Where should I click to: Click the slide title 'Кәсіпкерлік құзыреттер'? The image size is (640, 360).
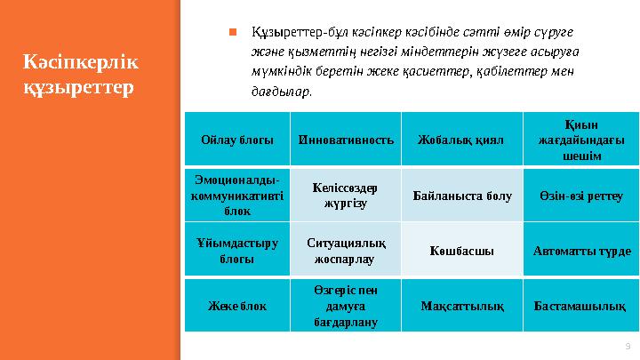tap(81, 76)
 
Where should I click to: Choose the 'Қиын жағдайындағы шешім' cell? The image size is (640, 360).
tap(581, 140)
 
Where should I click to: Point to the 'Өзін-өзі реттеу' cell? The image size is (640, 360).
tap(581, 195)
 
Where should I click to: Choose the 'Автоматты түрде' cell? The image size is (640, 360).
tap(581, 250)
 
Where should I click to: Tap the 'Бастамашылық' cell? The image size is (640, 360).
tap(581, 305)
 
